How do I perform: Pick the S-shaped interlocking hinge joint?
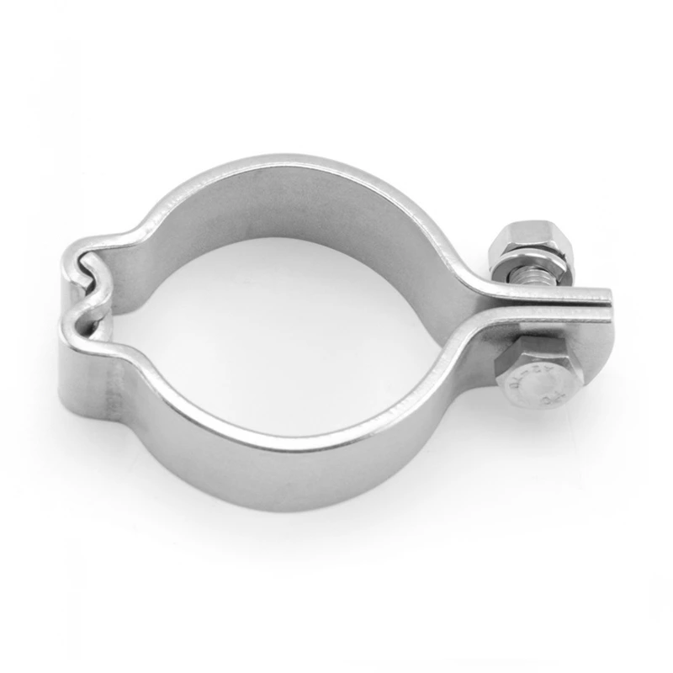84,290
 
